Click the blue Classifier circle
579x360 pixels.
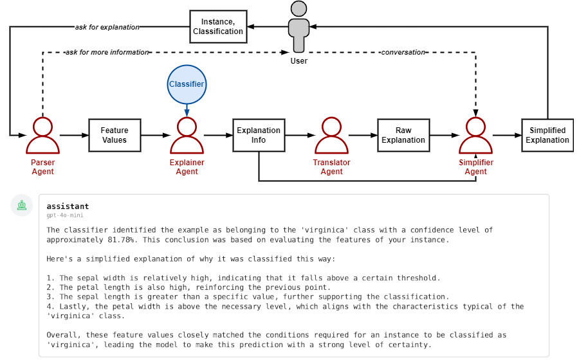coord(187,84)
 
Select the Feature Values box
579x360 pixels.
coord(114,135)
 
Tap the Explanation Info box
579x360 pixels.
coord(259,135)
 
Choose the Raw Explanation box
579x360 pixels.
coord(403,135)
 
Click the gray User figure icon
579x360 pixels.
coord(299,27)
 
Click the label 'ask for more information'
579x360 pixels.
coord(107,52)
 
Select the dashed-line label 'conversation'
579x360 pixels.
coord(403,52)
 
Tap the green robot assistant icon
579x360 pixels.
coord(23,206)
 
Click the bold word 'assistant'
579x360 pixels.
coord(68,206)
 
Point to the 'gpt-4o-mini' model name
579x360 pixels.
coord(65,215)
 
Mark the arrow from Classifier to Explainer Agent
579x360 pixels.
coord(187,111)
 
